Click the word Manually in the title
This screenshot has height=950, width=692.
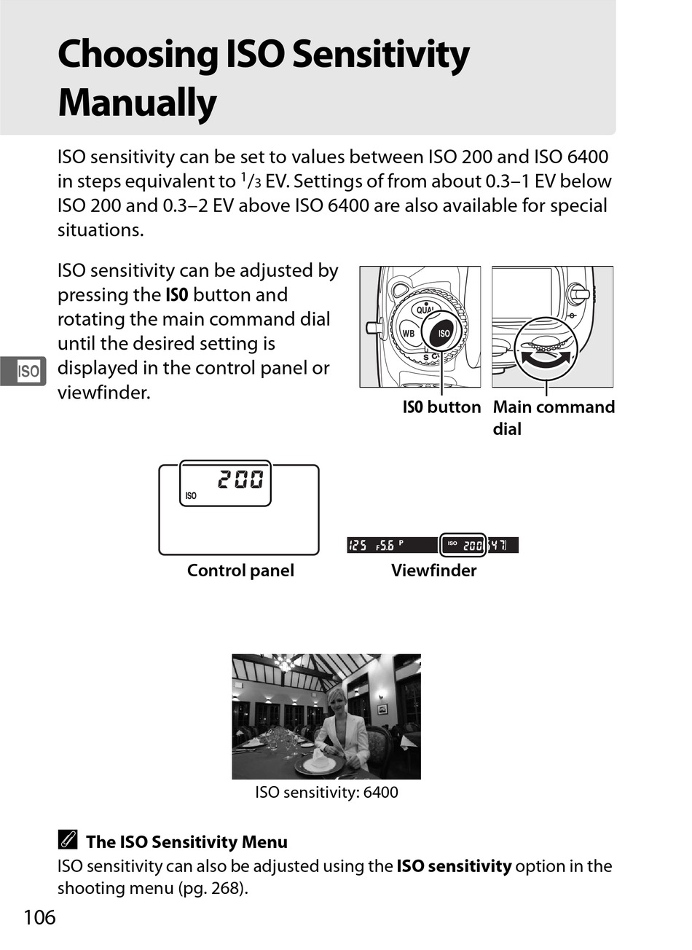click(137, 103)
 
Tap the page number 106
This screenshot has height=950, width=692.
click(39, 917)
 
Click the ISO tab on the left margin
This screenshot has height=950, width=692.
click(28, 372)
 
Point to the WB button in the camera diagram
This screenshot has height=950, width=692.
click(409, 334)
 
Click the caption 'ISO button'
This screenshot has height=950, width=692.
click(441, 407)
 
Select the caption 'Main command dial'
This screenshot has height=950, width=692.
click(553, 417)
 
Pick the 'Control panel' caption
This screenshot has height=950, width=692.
click(240, 570)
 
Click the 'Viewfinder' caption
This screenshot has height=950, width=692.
click(433, 570)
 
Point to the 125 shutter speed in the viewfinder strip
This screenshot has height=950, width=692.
click(358, 545)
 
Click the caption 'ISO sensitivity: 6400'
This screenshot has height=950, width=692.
click(326, 792)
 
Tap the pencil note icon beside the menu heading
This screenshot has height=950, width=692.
click(66, 841)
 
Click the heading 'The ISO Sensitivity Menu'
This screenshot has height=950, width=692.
click(186, 842)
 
